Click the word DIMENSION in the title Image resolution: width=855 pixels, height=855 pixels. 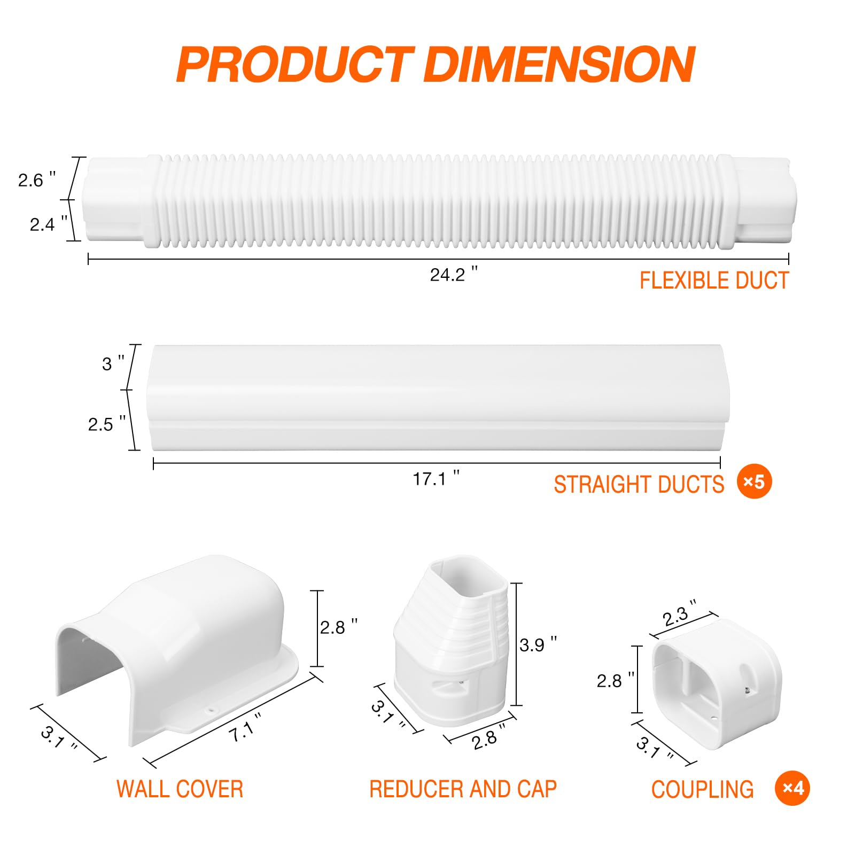[559, 65]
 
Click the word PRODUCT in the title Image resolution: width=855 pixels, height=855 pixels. [296, 65]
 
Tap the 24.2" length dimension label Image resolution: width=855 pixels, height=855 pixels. [454, 274]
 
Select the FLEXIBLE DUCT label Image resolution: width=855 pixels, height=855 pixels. [714, 281]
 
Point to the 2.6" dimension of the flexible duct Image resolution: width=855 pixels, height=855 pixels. [37, 180]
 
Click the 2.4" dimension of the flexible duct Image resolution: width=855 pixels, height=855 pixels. [49, 224]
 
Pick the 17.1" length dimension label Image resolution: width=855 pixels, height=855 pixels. [436, 478]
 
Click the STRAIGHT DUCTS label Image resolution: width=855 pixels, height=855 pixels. [639, 484]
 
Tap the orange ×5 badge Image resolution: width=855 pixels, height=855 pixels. [754, 482]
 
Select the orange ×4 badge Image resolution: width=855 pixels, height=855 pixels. [792, 788]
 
